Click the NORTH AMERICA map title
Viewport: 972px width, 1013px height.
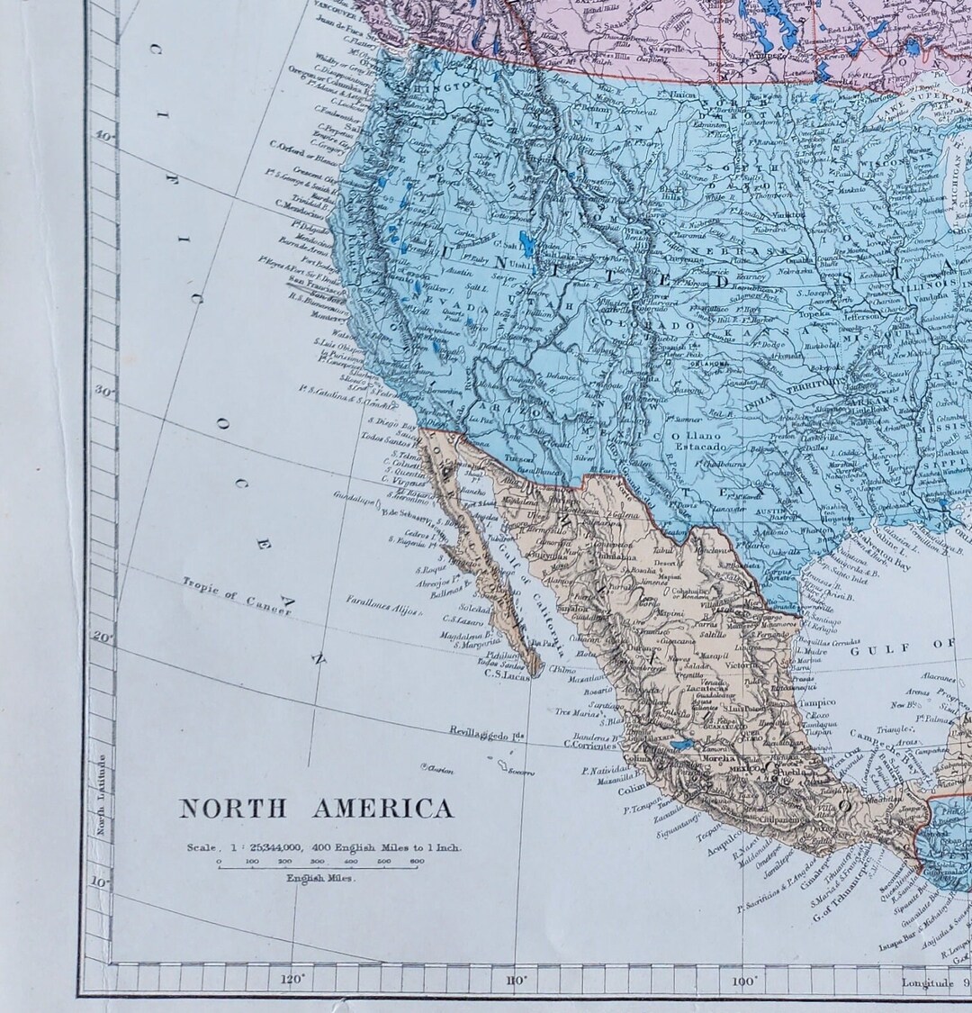[x=316, y=809]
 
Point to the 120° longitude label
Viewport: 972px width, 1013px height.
[x=292, y=980]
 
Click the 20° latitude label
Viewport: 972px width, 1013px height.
[x=103, y=638]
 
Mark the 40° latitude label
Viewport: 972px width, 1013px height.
[x=104, y=137]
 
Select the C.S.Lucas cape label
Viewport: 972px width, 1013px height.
[x=504, y=674]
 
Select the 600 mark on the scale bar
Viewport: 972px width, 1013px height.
[x=417, y=861]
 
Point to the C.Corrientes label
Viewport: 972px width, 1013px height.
[x=590, y=745]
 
